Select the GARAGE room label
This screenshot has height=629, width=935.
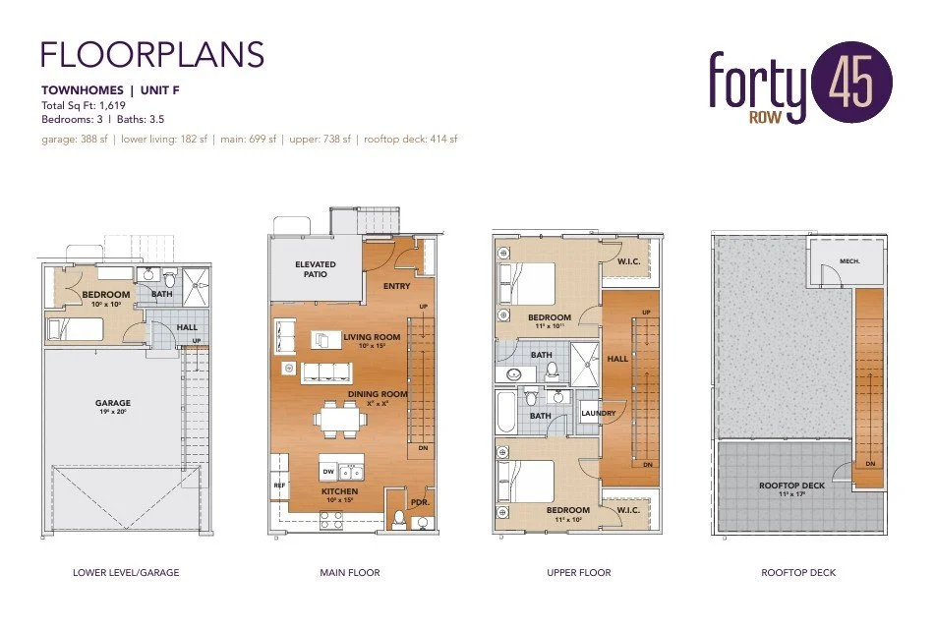point(112,403)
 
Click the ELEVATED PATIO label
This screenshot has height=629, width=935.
point(315,268)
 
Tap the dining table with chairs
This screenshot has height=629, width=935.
point(341,422)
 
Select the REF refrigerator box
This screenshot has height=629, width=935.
point(277,485)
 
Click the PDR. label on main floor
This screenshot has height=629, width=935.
point(419,501)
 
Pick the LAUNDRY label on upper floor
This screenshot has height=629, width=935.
point(598,413)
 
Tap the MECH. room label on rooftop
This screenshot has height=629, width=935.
point(822,262)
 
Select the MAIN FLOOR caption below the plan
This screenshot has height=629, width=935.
point(350,572)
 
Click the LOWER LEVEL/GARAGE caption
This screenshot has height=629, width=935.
point(126,572)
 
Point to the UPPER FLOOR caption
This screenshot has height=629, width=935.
point(578,572)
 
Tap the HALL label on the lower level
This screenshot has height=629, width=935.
point(187,327)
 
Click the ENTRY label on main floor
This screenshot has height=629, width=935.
point(396,286)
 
